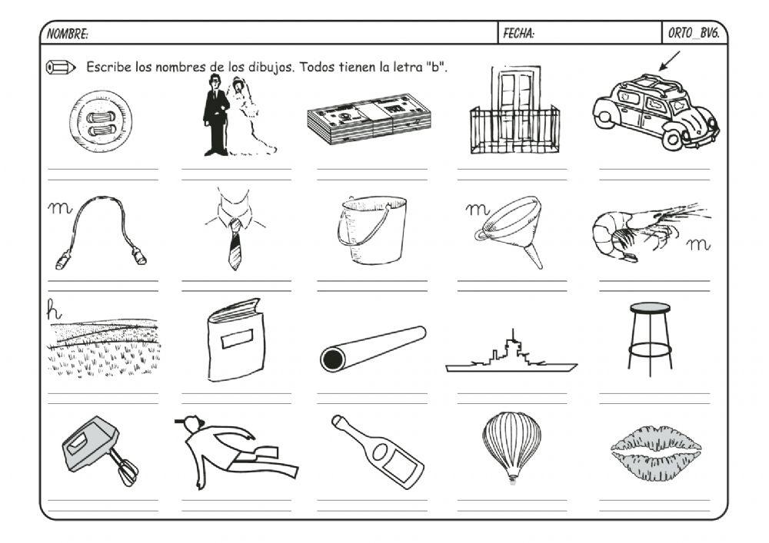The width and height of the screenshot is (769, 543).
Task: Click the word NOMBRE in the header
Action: tap(66, 34)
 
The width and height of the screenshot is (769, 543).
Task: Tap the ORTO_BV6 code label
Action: tap(694, 33)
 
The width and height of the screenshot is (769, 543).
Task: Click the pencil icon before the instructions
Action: tap(60, 67)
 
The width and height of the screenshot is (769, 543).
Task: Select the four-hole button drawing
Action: tap(101, 121)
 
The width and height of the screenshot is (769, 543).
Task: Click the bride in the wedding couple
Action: tap(248, 117)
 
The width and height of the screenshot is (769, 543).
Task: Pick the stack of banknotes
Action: tap(369, 118)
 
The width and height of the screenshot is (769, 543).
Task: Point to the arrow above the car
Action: tap(670, 61)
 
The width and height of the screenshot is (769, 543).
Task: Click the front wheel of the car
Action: tap(671, 141)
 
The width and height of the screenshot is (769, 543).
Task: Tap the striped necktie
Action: tap(235, 243)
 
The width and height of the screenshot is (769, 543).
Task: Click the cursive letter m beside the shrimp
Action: tap(697, 243)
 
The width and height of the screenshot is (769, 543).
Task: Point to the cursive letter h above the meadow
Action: tap(54, 310)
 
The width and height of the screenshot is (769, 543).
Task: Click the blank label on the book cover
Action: tap(238, 339)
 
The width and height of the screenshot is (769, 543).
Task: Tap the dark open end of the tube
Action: tap(333, 360)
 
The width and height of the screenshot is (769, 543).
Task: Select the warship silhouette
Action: tap(511, 355)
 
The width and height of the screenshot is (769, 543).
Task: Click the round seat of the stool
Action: tap(650, 307)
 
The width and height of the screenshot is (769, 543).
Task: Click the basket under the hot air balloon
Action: tap(512, 478)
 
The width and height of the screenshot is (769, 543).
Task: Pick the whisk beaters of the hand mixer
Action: tap(125, 469)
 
